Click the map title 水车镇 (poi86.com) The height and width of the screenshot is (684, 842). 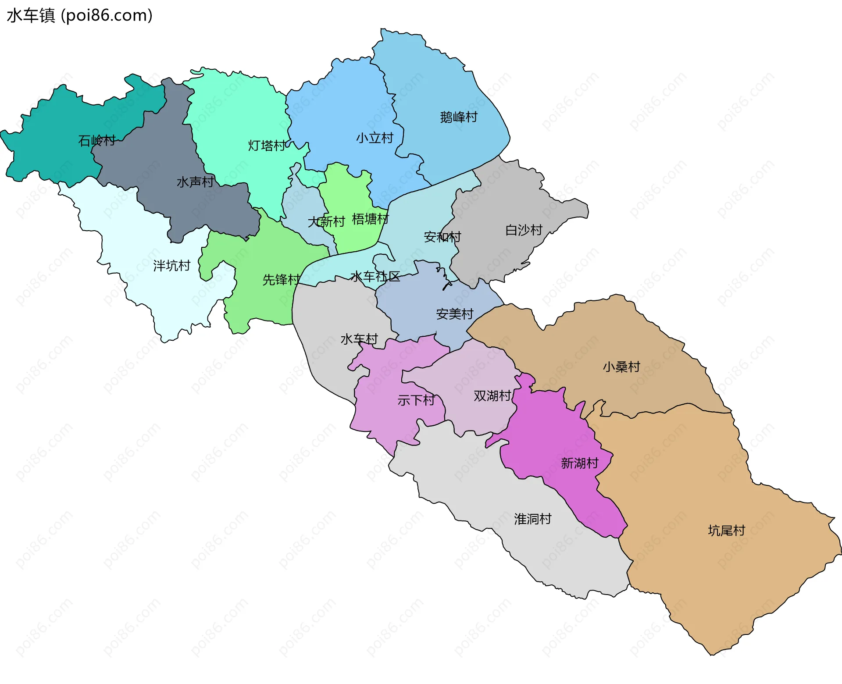79,15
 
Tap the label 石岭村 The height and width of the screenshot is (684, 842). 97,141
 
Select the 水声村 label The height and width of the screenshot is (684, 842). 195,182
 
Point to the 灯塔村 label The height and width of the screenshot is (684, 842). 267,146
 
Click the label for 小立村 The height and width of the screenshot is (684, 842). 375,138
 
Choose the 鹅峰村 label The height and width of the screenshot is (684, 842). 459,117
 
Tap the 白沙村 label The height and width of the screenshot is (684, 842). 524,230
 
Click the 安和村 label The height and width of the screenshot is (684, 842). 442,237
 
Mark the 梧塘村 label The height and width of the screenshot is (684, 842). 370,219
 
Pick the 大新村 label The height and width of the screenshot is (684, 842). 326,222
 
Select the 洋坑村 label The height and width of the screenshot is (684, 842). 171,266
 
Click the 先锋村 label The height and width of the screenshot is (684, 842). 281,280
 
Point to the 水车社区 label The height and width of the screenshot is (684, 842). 375,277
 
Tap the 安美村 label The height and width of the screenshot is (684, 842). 455,314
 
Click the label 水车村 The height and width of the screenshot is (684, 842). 359,339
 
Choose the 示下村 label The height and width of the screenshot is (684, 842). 416,400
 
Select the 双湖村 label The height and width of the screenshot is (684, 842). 492,396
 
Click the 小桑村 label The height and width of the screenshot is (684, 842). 621,367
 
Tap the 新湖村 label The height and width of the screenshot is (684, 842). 580,463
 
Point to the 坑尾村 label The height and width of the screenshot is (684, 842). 726,531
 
